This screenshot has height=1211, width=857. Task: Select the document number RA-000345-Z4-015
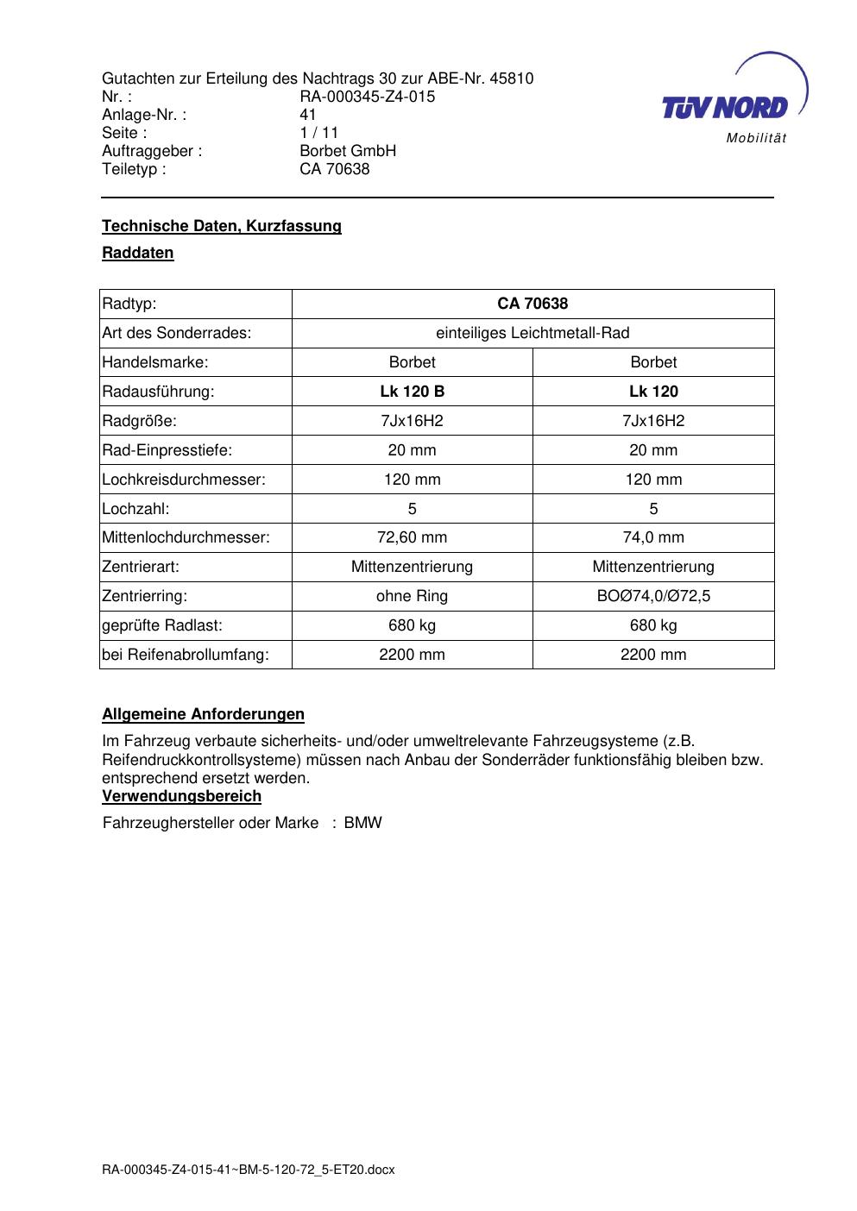[367, 97]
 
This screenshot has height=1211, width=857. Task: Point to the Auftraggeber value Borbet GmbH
[348, 151]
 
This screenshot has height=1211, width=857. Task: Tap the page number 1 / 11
[318, 133]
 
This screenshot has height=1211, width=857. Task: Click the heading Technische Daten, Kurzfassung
[222, 226]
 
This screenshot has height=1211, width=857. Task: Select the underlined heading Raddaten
[138, 253]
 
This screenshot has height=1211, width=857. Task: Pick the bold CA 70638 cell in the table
[532, 304]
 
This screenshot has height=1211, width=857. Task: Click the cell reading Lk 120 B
[412, 392]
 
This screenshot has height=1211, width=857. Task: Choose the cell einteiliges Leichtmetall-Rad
[532, 333]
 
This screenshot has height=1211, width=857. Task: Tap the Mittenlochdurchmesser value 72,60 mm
[412, 537]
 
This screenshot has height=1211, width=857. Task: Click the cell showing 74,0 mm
[653, 537]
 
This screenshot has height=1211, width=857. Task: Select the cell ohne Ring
[412, 596]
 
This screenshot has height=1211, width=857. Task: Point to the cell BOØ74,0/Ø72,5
[653, 596]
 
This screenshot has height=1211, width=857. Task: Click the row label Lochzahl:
[135, 509]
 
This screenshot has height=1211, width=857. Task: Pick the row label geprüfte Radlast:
[162, 625]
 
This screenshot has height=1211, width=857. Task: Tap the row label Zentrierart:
[141, 567]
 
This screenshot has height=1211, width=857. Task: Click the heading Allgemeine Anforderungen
[203, 714]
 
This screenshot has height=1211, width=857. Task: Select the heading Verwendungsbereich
[181, 795]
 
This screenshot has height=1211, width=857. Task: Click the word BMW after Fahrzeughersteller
[362, 823]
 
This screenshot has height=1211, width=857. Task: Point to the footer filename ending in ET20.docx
[248, 1170]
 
